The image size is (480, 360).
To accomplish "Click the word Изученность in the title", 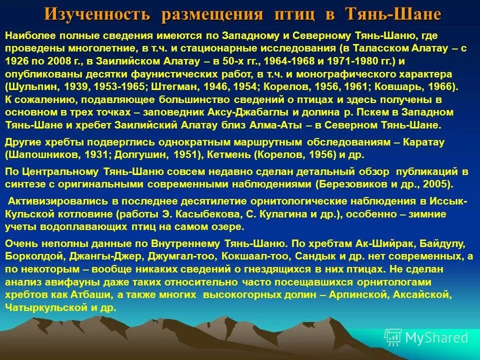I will (97, 13).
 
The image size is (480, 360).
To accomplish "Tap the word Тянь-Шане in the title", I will (393, 13).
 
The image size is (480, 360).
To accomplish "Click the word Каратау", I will (430, 142).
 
